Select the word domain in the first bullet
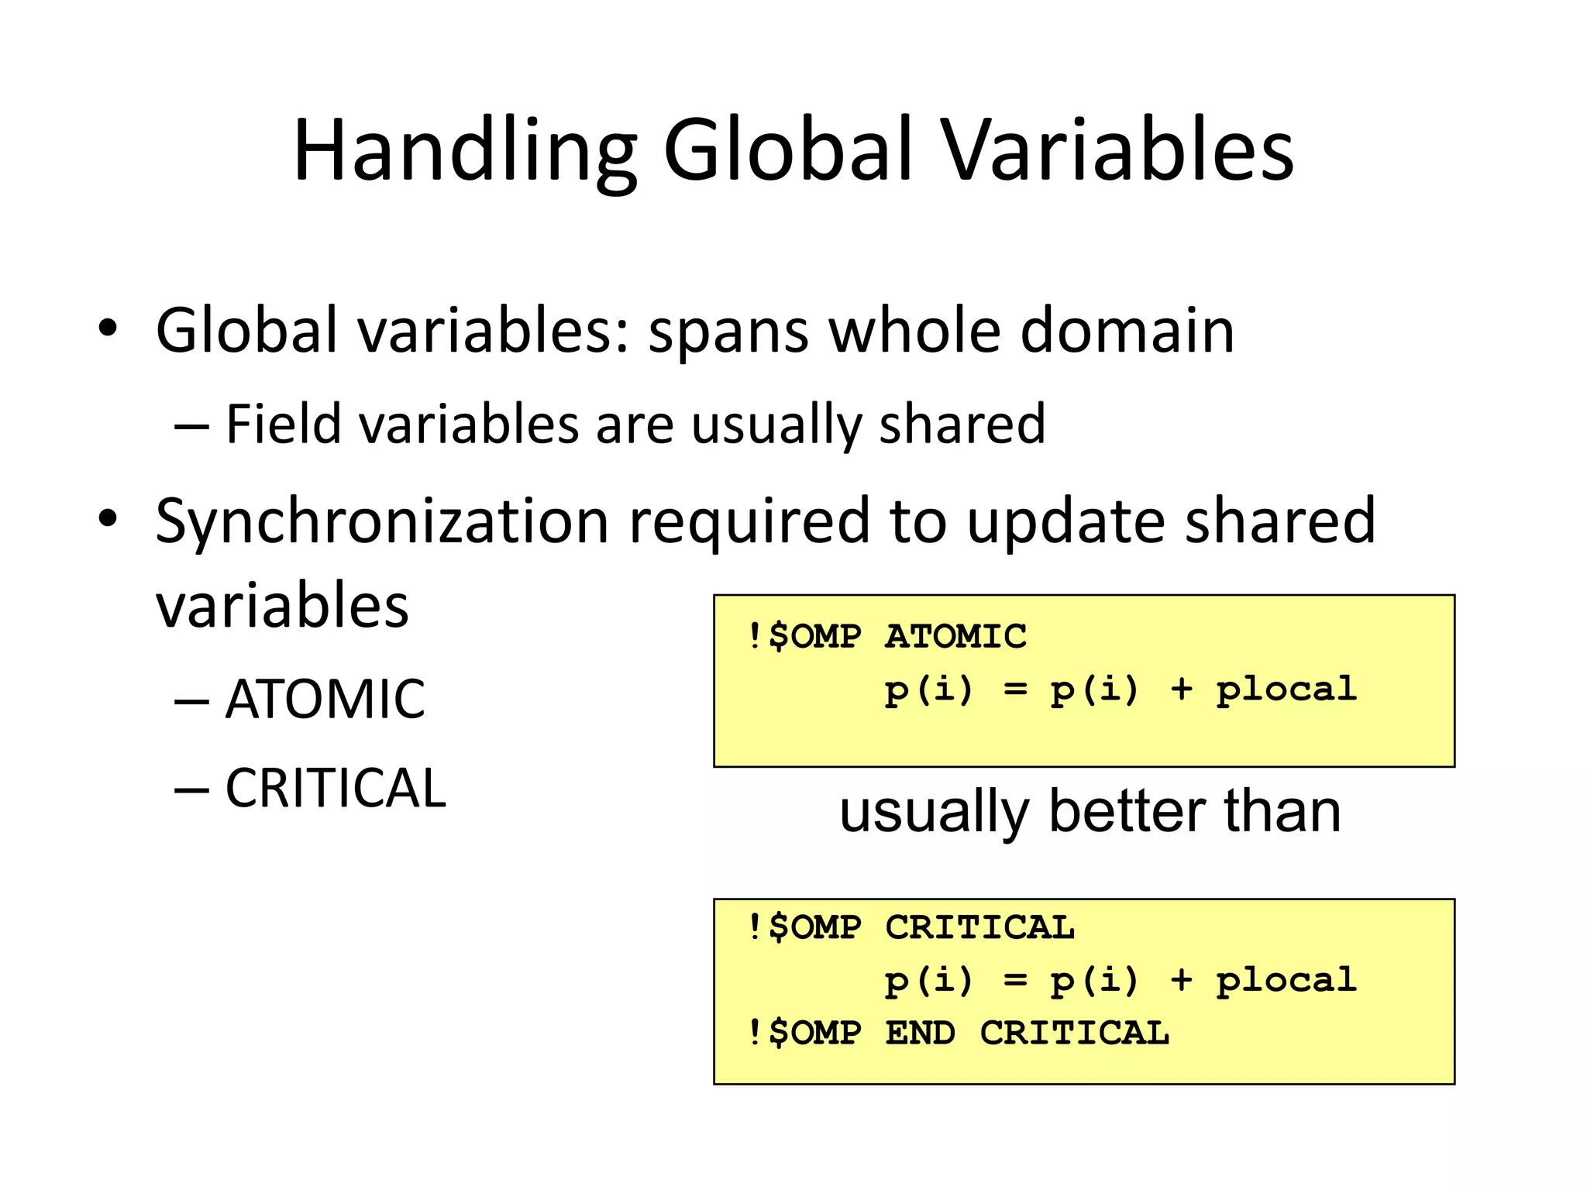[x=1127, y=331]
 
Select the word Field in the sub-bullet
[x=283, y=424]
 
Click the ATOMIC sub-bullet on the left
[x=325, y=700]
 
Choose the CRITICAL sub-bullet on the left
[x=335, y=789]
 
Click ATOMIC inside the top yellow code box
[x=955, y=637]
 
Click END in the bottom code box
[x=920, y=1033]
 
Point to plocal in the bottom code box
[x=1286, y=981]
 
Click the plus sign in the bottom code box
[x=1181, y=980]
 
